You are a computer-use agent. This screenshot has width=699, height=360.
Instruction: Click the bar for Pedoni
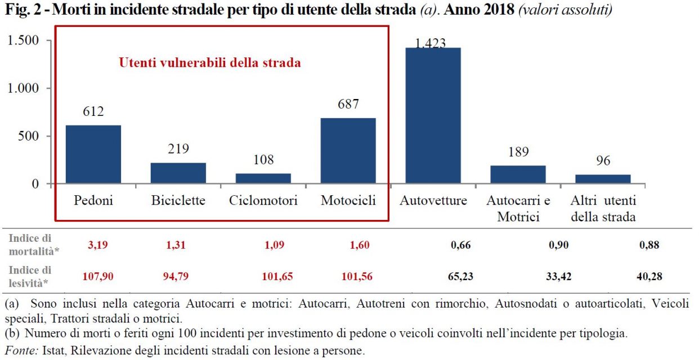click(93, 154)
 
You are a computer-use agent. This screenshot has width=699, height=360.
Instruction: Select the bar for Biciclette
click(178, 173)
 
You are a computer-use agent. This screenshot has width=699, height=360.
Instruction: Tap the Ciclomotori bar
click(263, 178)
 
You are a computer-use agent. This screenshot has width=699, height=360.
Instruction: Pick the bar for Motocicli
click(348, 151)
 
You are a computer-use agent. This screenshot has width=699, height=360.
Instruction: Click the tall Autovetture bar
click(433, 115)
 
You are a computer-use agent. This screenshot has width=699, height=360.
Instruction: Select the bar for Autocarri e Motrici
click(518, 174)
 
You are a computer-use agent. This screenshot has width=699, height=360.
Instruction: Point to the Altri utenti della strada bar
click(603, 179)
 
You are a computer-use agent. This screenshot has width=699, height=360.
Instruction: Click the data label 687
click(348, 105)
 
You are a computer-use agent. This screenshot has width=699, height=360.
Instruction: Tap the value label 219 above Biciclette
click(178, 149)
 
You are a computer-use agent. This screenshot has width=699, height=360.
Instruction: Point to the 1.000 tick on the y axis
click(23, 88)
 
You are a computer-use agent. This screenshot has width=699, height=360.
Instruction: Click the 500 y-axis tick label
click(28, 136)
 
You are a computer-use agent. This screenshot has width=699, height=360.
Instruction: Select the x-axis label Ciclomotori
click(263, 201)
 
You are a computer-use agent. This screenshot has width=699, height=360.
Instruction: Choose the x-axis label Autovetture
click(433, 201)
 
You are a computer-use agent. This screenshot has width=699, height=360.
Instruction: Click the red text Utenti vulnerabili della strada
click(209, 62)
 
